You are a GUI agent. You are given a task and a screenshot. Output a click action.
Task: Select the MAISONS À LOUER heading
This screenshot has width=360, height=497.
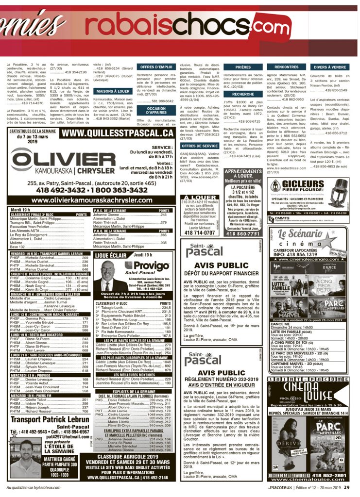click(x=113, y=91)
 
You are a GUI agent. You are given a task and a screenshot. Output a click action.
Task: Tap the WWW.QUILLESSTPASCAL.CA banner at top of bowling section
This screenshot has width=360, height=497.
click(x=118, y=133)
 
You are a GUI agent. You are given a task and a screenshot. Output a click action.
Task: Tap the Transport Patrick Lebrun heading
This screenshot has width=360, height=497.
click(x=50, y=419)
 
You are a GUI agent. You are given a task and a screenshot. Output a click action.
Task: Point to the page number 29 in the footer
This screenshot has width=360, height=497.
click(x=346, y=487)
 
